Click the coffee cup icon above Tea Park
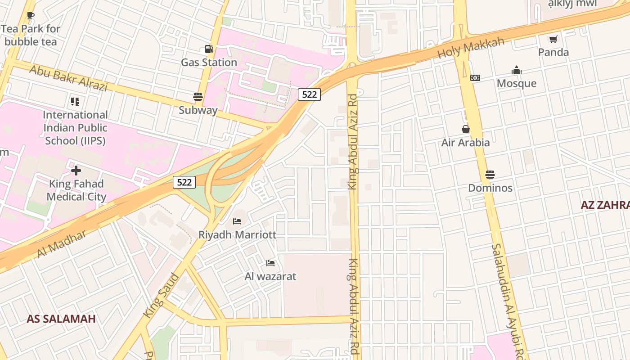[30, 16]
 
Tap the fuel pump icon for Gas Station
[209, 49]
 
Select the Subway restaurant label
[198, 110]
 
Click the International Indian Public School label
[75, 128]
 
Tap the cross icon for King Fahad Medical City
[76, 171]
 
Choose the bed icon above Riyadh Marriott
[237, 221]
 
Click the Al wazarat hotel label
[270, 276]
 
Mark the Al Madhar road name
[61, 244]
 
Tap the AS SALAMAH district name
[61, 319]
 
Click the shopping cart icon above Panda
[553, 39]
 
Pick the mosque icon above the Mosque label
[516, 71]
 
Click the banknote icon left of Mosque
[475, 78]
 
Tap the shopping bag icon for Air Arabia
[465, 130]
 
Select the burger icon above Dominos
[490, 175]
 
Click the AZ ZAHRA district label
[605, 205]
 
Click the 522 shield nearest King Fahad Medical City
[184, 182]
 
